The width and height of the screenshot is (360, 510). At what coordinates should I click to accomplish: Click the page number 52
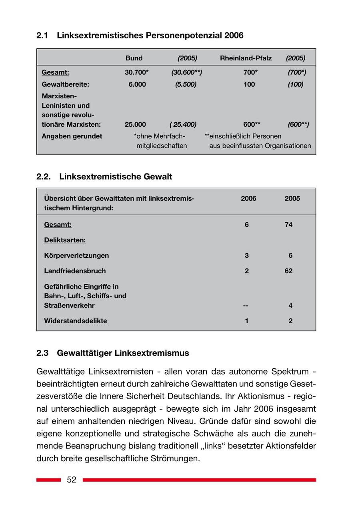tap(72, 480)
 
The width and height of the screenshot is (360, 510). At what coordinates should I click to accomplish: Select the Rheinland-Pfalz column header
tap(246, 58)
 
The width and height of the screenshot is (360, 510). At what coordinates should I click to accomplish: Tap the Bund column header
tap(134, 58)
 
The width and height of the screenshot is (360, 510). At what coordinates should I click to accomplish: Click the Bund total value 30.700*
tap(137, 72)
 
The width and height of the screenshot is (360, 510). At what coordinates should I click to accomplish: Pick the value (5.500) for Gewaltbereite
tap(186, 84)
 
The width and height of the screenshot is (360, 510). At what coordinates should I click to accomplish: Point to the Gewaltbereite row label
tap(65, 84)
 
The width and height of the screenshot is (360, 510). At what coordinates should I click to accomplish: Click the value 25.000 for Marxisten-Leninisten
tap(135, 124)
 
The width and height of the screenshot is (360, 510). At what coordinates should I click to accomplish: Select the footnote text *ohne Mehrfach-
tap(160, 136)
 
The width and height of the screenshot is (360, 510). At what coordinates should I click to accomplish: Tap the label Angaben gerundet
tap(72, 136)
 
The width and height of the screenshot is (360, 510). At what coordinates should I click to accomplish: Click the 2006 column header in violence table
tap(248, 198)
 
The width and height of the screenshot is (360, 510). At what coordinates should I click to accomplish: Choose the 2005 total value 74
tap(288, 225)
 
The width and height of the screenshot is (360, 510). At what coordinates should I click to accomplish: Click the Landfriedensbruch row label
tap(75, 271)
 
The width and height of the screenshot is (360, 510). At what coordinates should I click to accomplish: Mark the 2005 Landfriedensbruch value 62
tap(288, 271)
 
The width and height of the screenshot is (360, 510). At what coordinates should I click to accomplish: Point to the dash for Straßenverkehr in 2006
tap(246, 306)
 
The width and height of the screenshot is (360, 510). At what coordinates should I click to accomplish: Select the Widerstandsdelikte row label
tap(76, 321)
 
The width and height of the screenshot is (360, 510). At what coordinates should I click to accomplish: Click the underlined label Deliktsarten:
tap(65, 240)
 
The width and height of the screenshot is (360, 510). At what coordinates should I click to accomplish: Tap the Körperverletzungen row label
tap(76, 255)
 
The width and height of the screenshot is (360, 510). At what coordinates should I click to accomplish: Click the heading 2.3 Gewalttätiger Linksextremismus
tap(113, 353)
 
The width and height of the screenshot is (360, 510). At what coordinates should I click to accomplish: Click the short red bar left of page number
tap(48, 480)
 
